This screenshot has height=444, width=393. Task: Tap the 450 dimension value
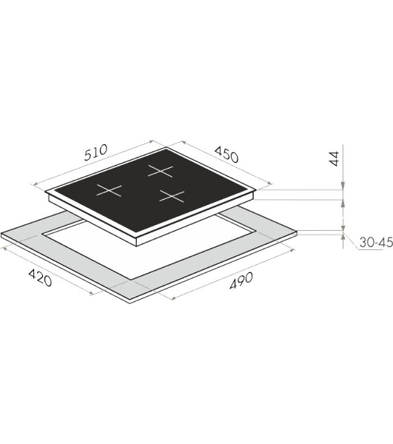(x=226, y=155)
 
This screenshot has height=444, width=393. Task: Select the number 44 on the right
(x=335, y=158)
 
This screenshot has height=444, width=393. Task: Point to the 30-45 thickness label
(x=376, y=242)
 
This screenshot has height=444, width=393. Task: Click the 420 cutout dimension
(x=40, y=277)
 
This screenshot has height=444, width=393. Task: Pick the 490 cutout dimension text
(x=241, y=280)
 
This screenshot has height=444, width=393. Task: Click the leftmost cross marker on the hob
(x=109, y=190)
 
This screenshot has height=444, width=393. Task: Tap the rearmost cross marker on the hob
(x=161, y=171)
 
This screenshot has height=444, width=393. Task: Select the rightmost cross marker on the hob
(x=172, y=196)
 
